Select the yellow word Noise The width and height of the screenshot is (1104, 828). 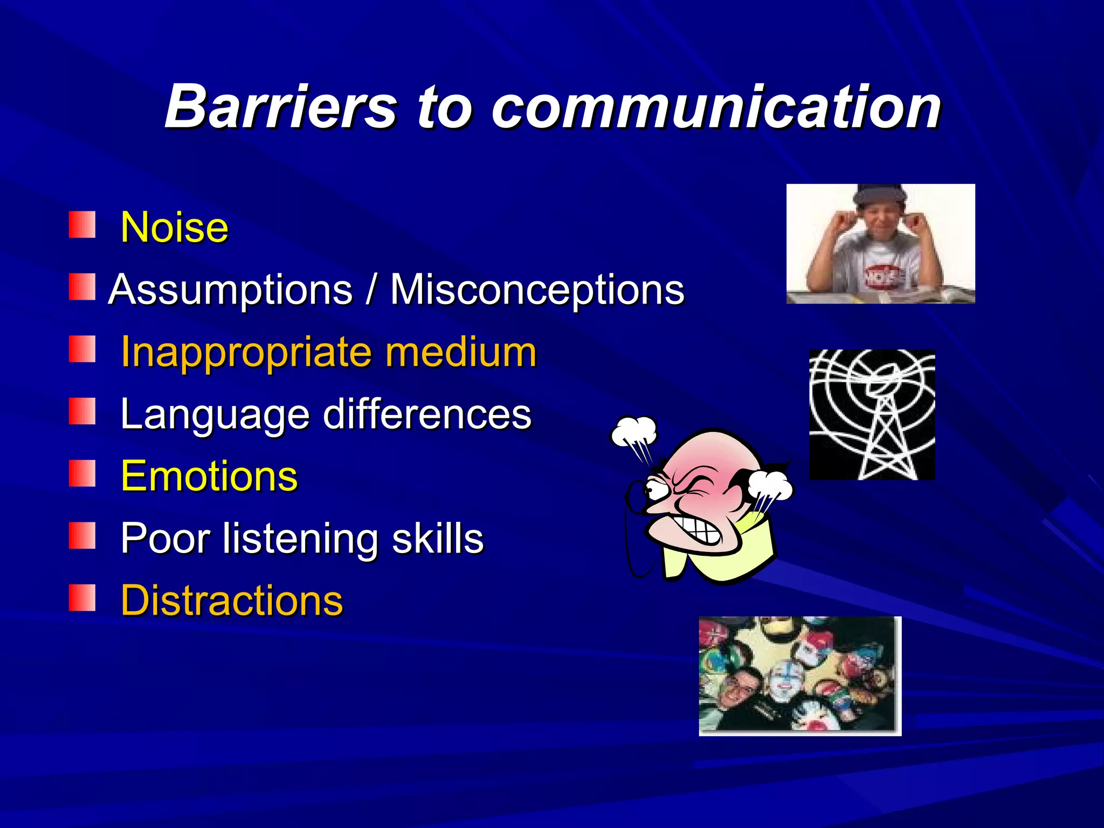pyautogui.click(x=175, y=227)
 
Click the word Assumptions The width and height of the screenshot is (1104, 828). pyautogui.click(x=230, y=290)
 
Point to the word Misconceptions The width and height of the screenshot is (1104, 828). pyautogui.click(x=537, y=290)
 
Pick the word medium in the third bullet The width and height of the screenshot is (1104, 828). pyautogui.click(x=460, y=352)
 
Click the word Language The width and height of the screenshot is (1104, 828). pyautogui.click(x=215, y=415)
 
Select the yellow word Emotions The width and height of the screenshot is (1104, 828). pyautogui.click(x=209, y=477)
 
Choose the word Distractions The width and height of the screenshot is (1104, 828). pyautogui.click(x=232, y=601)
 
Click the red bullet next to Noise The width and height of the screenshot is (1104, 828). pyautogui.click(x=82, y=225)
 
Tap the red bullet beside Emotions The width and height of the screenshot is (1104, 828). pyautogui.click(x=82, y=473)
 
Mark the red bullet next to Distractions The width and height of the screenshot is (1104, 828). pyautogui.click(x=82, y=598)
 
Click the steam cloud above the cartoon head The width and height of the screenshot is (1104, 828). pyautogui.click(x=634, y=431)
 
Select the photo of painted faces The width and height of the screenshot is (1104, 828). pyautogui.click(x=799, y=675)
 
